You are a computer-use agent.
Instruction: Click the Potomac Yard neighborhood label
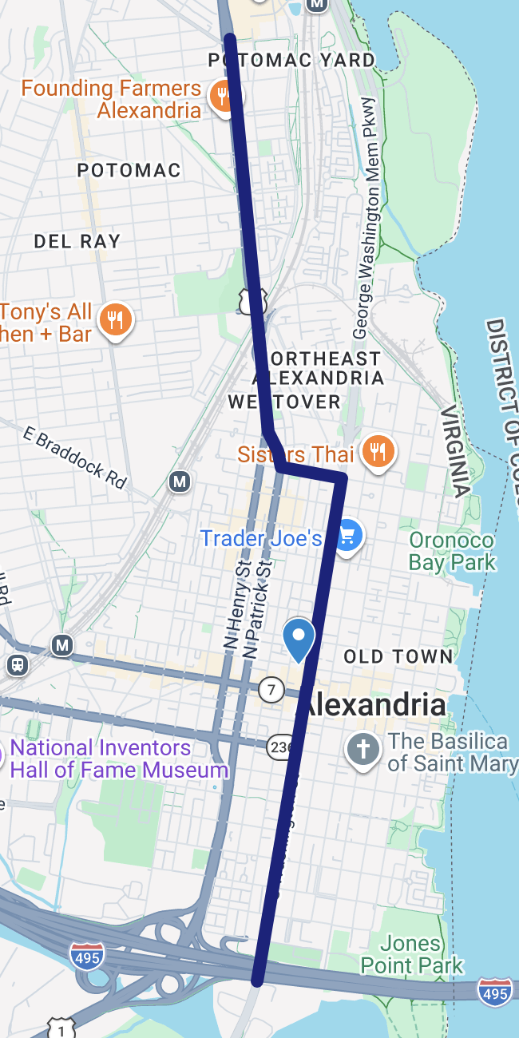coord(291,61)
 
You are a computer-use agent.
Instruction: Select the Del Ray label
coord(77,241)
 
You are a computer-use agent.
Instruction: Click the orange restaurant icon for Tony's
coord(117,321)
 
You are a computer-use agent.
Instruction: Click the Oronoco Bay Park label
coord(452,551)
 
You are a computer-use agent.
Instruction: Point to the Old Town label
coord(398,657)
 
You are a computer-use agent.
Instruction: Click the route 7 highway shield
coord(271,689)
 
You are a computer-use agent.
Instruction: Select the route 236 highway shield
coord(278,745)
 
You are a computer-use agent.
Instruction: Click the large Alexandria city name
coord(375,705)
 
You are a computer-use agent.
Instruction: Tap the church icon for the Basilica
coord(363,750)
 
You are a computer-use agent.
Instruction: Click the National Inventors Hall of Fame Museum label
coord(119,759)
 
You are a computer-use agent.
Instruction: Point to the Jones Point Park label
coord(411,954)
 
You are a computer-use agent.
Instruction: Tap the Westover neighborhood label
coord(284,402)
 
